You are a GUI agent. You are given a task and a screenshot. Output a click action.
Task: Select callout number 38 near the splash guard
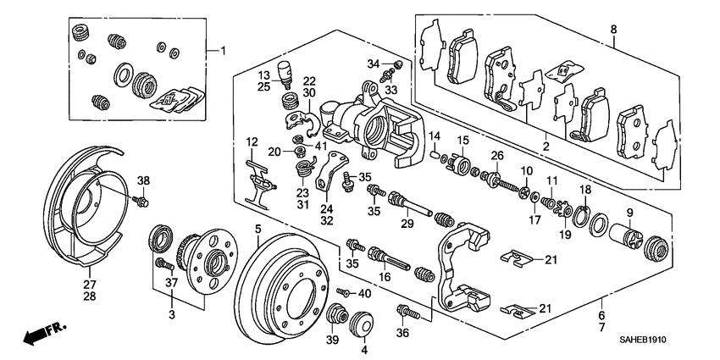pyautogui.click(x=143, y=180)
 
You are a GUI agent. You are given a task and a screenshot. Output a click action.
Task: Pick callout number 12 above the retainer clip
pyautogui.click(x=252, y=141)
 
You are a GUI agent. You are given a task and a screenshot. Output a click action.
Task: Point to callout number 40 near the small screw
pyautogui.click(x=365, y=293)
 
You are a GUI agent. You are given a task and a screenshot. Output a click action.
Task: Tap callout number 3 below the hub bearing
pyautogui.click(x=172, y=314)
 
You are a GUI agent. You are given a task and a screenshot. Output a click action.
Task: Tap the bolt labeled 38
pyautogui.click(x=141, y=201)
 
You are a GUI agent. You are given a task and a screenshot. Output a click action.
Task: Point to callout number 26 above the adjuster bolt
pyautogui.click(x=497, y=155)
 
